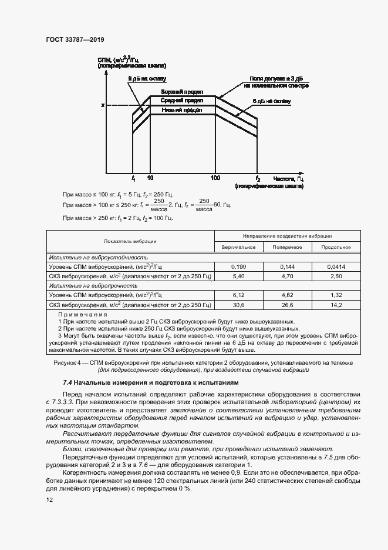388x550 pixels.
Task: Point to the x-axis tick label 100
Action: coord(215,178)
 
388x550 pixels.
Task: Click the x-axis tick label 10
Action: coord(150,178)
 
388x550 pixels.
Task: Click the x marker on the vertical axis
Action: coord(102,105)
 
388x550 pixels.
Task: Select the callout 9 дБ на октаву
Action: coord(148,78)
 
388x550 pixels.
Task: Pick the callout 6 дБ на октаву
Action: coord(271,101)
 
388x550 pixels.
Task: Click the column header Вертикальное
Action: coord(238,246)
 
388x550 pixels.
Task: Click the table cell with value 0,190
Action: coord(238,266)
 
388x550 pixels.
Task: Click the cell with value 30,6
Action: coord(238,305)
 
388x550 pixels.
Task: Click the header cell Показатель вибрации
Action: coord(130,241)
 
